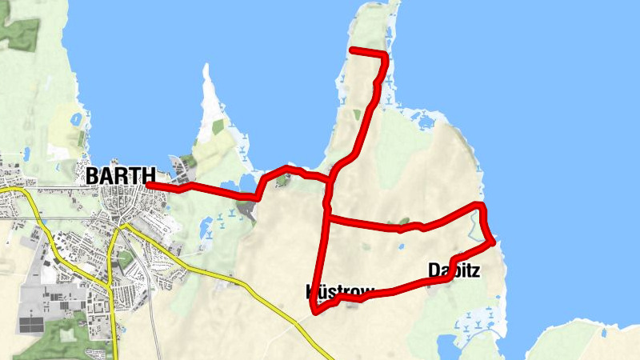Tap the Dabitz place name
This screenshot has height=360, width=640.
(x=454, y=270)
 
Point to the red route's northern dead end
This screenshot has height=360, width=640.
(x=353, y=51)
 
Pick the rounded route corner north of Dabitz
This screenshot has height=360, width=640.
(x=480, y=207)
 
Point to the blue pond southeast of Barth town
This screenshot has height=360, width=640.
(x=206, y=226)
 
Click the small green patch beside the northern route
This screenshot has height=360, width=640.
(x=357, y=114)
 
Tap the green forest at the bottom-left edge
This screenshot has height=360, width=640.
(x=56, y=340)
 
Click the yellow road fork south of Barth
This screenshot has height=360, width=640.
(x=121, y=227)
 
